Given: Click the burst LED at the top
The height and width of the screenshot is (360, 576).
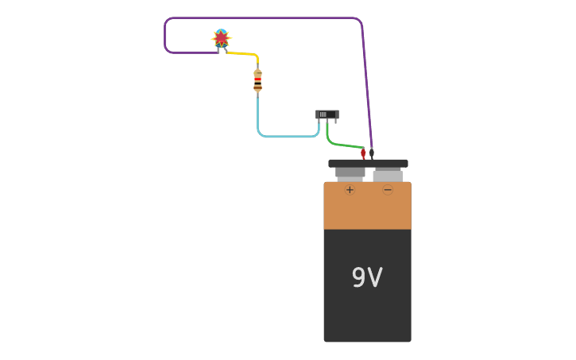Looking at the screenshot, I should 221,38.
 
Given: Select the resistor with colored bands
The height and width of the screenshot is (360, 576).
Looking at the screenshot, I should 257,80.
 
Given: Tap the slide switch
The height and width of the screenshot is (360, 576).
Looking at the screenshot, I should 327,114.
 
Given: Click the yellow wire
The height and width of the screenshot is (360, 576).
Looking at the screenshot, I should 243,54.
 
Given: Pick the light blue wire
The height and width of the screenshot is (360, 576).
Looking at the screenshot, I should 286,136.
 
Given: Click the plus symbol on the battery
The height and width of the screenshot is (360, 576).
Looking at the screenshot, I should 350,189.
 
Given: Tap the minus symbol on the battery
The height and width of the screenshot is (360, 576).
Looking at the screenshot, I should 388,189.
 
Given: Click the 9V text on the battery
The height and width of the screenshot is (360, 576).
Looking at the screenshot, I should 367,277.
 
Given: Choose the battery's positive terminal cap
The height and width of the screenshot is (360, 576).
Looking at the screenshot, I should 350,172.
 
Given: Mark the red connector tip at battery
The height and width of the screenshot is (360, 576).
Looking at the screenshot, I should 363,153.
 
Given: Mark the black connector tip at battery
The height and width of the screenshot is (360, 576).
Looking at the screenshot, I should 371,153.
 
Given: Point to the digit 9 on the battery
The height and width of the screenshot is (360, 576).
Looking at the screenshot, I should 358,277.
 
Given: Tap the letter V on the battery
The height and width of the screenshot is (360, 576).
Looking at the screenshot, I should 376,277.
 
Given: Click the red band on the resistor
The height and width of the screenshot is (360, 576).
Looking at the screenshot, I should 257,79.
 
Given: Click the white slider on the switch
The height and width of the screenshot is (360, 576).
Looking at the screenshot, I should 323,114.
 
